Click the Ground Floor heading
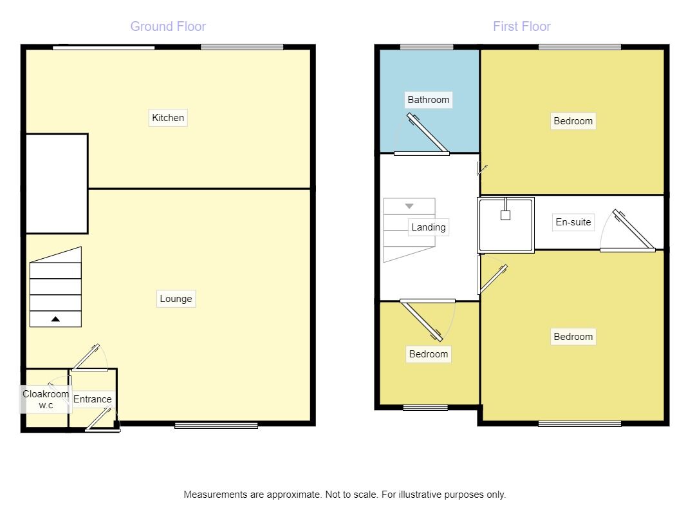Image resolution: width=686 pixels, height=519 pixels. tap(168, 26)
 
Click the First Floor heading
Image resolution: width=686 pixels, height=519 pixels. tap(521, 26)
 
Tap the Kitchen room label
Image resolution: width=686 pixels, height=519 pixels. tap(168, 118)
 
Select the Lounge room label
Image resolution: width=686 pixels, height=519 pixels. tap(176, 299)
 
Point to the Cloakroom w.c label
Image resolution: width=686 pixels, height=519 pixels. tap(46, 400)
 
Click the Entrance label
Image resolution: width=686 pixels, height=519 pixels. tap(92, 399)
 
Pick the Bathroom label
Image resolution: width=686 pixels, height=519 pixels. tap(428, 100)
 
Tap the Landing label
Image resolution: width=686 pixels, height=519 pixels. tap(428, 227)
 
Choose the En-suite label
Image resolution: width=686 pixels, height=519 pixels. tap(573, 223)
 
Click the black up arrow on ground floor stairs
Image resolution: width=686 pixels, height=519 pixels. tap(56, 319)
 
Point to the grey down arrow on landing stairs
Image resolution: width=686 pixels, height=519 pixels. tap(409, 206)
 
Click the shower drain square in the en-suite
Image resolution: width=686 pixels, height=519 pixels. tap(505, 216)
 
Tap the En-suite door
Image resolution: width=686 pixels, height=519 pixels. tap(633, 231)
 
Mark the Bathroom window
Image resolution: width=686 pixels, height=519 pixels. tap(426, 46)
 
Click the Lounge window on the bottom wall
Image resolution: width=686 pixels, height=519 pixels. tap(216, 425)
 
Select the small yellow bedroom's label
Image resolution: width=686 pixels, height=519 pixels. tap(428, 354)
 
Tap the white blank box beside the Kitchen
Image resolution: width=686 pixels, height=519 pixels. tap(56, 184)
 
